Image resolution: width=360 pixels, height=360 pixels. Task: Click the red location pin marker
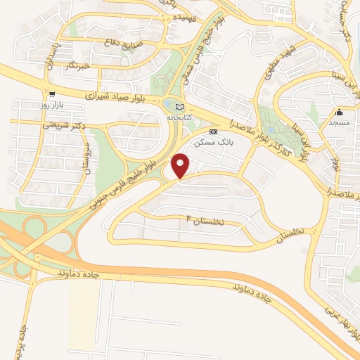point(181,166)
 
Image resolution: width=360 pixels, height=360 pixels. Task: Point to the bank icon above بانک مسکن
point(214,131)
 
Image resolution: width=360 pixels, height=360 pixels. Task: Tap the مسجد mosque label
point(340,122)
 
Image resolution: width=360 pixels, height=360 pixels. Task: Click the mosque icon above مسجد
point(340,112)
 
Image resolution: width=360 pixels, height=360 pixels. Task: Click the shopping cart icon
point(51,94)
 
